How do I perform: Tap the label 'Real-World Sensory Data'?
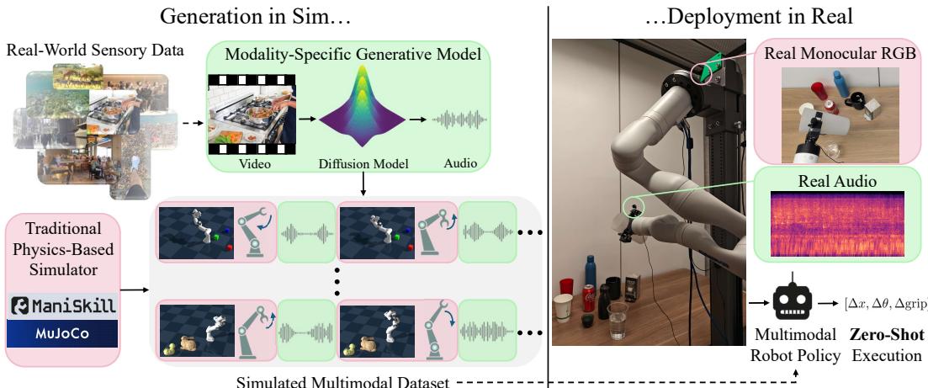click(94, 51)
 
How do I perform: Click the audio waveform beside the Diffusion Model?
click(459, 120)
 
